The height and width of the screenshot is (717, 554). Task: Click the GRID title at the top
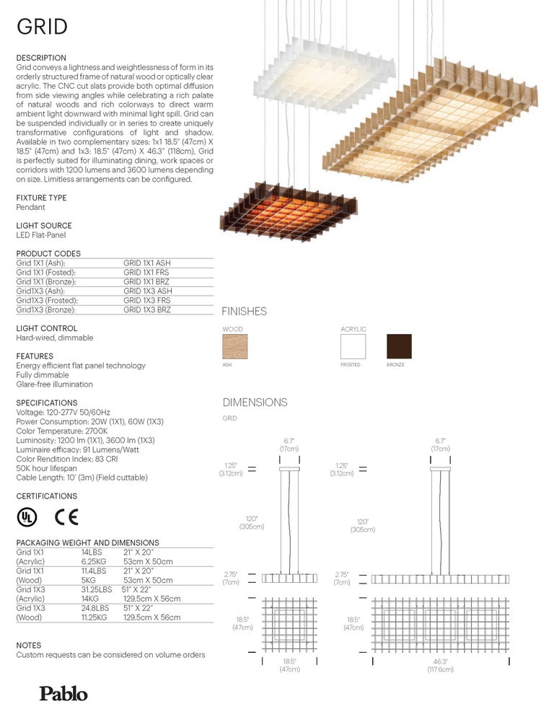[42, 27]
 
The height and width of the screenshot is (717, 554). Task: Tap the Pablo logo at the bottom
[63, 694]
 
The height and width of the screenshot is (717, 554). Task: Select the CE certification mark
[66, 517]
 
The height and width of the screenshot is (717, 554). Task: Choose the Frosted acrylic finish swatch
[353, 346]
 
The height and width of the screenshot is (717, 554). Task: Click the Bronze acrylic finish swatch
[399, 346]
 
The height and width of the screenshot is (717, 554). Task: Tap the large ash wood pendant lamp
[440, 130]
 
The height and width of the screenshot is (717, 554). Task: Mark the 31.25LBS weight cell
[97, 589]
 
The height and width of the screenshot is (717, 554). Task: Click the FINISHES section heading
[244, 312]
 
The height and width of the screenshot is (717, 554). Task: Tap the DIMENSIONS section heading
[255, 403]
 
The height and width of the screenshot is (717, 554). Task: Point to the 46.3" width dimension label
[440, 665]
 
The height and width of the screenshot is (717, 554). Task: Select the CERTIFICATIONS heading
[46, 496]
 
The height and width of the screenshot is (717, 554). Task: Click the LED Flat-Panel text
[43, 235]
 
